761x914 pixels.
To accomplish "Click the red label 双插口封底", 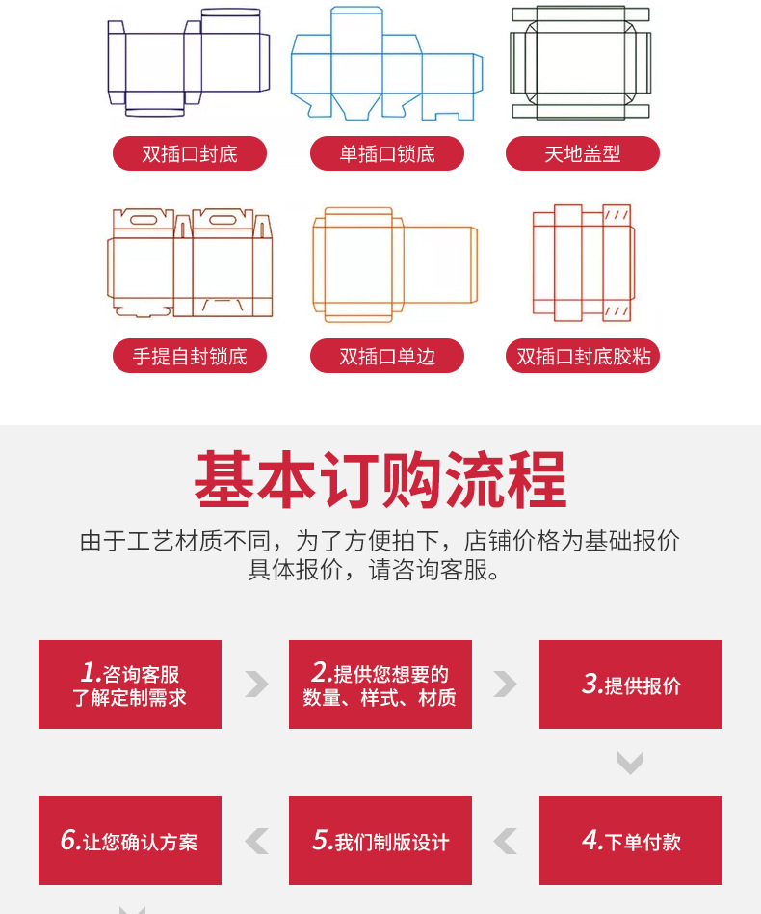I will pos(190,153).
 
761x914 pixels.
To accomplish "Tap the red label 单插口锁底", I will pos(386,153).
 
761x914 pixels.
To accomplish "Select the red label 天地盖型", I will pos(583,153).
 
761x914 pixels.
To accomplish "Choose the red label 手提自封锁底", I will pos(190,356).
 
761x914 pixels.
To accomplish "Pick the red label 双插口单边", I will pos(386,356).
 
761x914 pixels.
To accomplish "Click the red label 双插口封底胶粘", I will pos(583,356).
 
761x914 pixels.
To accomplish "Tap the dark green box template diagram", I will pos(581,63).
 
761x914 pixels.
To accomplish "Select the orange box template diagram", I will pos(394,264).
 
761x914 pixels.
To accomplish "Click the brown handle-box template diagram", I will pos(190,262).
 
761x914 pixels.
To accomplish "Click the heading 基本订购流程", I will pos(380,480).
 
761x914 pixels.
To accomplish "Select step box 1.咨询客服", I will pos(130,685).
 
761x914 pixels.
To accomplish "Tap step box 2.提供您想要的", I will pos(380,685).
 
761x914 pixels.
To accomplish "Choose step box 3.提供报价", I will pos(631,685).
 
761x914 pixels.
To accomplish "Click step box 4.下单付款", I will pos(631,841).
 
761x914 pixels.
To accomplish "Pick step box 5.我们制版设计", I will pos(380,841).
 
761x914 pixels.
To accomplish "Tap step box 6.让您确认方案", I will pos(130,841).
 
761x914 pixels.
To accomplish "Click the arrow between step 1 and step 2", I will pos(256,685).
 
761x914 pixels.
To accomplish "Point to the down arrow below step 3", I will pos(630,764).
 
